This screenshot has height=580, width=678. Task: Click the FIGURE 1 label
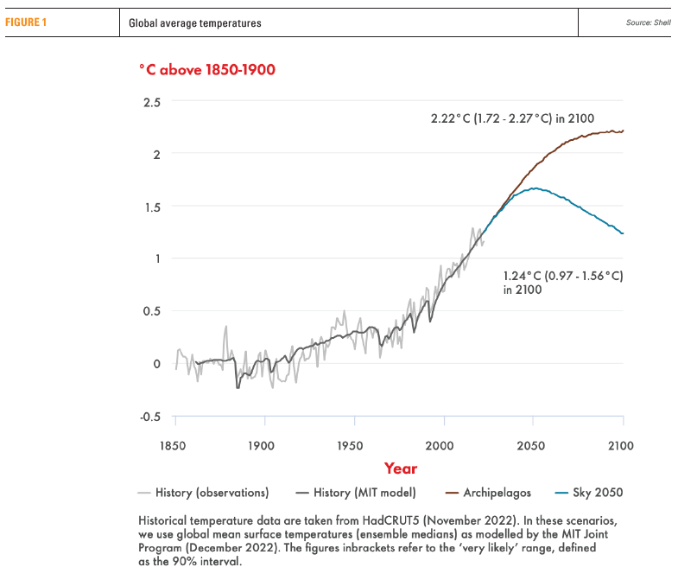[x=26, y=22]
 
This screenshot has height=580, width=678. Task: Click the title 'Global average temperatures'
[x=194, y=23]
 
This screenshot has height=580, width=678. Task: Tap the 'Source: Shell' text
[x=648, y=23]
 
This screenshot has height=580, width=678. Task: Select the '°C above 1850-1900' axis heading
[x=207, y=69]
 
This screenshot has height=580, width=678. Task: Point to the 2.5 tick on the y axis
[x=152, y=101]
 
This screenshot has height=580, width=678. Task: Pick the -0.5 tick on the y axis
[x=150, y=416]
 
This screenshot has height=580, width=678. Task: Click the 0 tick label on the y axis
[x=156, y=363]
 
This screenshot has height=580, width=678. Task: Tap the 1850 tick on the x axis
[x=175, y=446]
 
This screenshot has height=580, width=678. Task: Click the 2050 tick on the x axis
[x=533, y=446]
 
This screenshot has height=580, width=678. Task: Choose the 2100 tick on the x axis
[x=621, y=446]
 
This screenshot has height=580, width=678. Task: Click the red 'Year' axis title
[x=400, y=468]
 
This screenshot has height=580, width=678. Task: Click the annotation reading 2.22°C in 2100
[x=512, y=118]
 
